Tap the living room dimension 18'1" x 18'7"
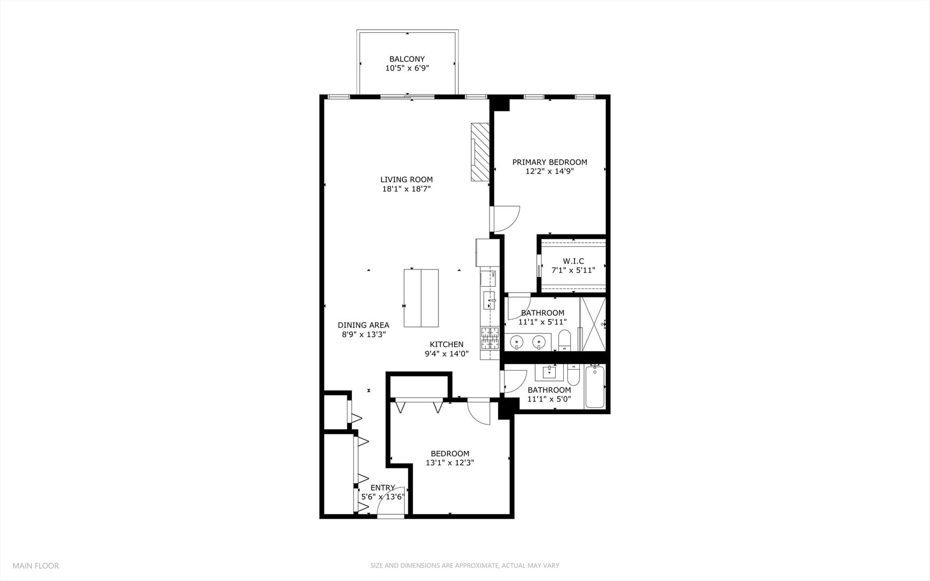click(x=407, y=189)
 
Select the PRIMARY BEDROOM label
click(x=549, y=162)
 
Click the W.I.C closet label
click(x=573, y=261)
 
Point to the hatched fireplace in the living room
click(x=480, y=153)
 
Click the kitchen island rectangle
click(x=421, y=298)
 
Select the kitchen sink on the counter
click(x=489, y=300)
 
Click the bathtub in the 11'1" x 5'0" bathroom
click(x=595, y=387)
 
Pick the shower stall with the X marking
click(x=592, y=323)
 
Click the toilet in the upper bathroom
click(x=565, y=341)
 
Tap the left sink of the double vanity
click(x=516, y=341)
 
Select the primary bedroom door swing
click(x=506, y=219)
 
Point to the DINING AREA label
click(x=363, y=325)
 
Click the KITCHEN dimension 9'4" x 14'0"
click(x=446, y=354)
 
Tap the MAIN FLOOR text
click(x=36, y=565)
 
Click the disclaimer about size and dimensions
click(x=464, y=565)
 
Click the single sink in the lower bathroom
click(x=550, y=372)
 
